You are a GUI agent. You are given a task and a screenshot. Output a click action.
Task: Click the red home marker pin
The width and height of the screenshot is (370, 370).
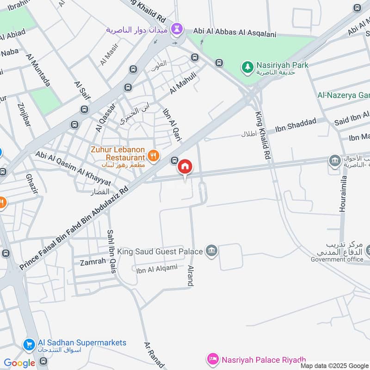coord(185,167)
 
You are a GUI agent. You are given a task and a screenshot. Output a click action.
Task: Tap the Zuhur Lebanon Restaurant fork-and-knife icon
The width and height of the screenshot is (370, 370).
coord(154,156)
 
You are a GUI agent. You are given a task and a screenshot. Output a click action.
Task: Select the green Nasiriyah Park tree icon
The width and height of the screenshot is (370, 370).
coord(248,68)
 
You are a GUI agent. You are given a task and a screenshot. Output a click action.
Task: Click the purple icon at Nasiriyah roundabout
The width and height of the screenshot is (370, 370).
coord(176,30)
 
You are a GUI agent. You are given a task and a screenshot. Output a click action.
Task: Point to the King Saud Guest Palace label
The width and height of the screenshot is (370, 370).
coord(160,252)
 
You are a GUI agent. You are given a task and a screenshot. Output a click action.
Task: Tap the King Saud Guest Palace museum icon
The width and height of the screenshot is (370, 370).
coord(212,251)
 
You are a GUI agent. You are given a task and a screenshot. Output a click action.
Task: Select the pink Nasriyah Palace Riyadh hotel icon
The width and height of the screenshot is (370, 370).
coord(213,359)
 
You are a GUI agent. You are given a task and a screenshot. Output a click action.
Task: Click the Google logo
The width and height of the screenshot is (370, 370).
coord(19,363)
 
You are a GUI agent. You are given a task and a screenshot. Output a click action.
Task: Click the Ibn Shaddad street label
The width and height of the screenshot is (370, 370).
coord(296,124)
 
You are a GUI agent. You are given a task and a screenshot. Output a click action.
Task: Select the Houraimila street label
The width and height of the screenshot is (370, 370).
coord(343,194)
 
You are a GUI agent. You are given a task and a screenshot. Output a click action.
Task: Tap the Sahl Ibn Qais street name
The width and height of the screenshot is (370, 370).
coord(111,252)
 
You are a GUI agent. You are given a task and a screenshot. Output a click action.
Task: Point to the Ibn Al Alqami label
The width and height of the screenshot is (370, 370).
coord(157,269)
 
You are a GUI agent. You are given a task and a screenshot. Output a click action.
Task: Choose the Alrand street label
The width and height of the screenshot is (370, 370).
coord(189,276)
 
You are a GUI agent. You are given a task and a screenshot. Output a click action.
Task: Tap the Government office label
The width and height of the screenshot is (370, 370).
coord(337,259)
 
